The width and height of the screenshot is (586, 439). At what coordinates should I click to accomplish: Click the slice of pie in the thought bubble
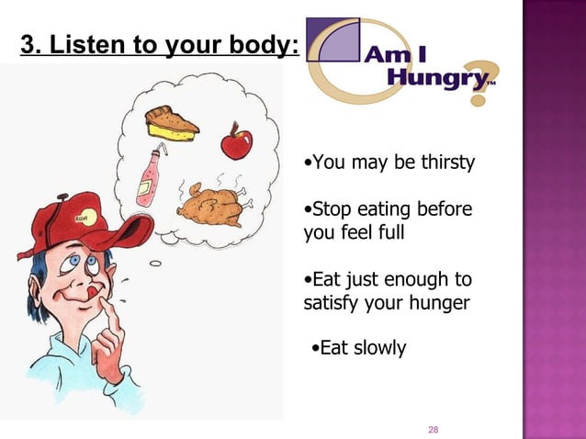tap(172, 124)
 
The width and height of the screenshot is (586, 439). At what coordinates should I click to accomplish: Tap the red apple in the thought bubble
tap(235, 142)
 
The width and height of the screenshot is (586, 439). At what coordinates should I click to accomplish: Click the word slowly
tap(377, 349)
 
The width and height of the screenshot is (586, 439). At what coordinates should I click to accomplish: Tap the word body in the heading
tap(260, 45)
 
